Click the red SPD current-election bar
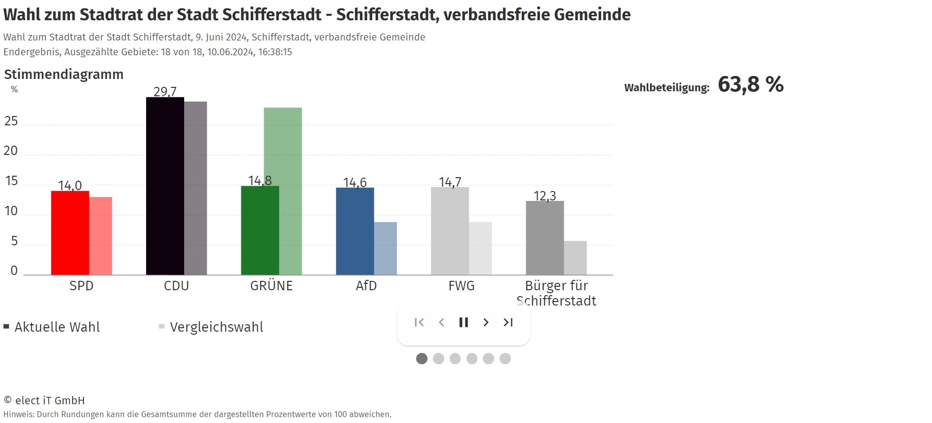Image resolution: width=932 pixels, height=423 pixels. click(70, 232)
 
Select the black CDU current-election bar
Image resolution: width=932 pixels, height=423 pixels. click(165, 186)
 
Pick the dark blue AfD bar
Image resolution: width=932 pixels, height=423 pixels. click(355, 231)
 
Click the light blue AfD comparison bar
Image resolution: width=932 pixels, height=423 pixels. click(386, 248)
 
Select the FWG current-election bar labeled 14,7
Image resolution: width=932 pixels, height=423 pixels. click(450, 231)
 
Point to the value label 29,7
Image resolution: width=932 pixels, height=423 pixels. click(165, 92)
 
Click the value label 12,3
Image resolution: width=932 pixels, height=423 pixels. click(545, 196)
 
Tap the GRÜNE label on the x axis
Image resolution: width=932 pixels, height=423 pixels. click(272, 286)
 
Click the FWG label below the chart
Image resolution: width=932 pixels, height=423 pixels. click(462, 286)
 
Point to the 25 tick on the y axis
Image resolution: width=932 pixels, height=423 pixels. click(11, 121)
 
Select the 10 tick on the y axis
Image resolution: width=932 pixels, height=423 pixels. click(11, 211)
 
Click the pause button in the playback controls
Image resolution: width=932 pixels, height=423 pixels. click(464, 322)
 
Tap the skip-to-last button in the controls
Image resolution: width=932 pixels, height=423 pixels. click(508, 322)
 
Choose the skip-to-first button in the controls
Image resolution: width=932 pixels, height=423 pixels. click(419, 322)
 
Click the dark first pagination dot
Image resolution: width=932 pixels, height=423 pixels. click(422, 359)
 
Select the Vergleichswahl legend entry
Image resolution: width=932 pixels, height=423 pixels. click(216, 327)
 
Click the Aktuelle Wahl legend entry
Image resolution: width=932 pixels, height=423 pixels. click(57, 327)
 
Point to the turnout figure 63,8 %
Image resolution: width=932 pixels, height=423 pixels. click(750, 84)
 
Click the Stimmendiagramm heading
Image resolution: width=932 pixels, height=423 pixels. click(64, 75)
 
